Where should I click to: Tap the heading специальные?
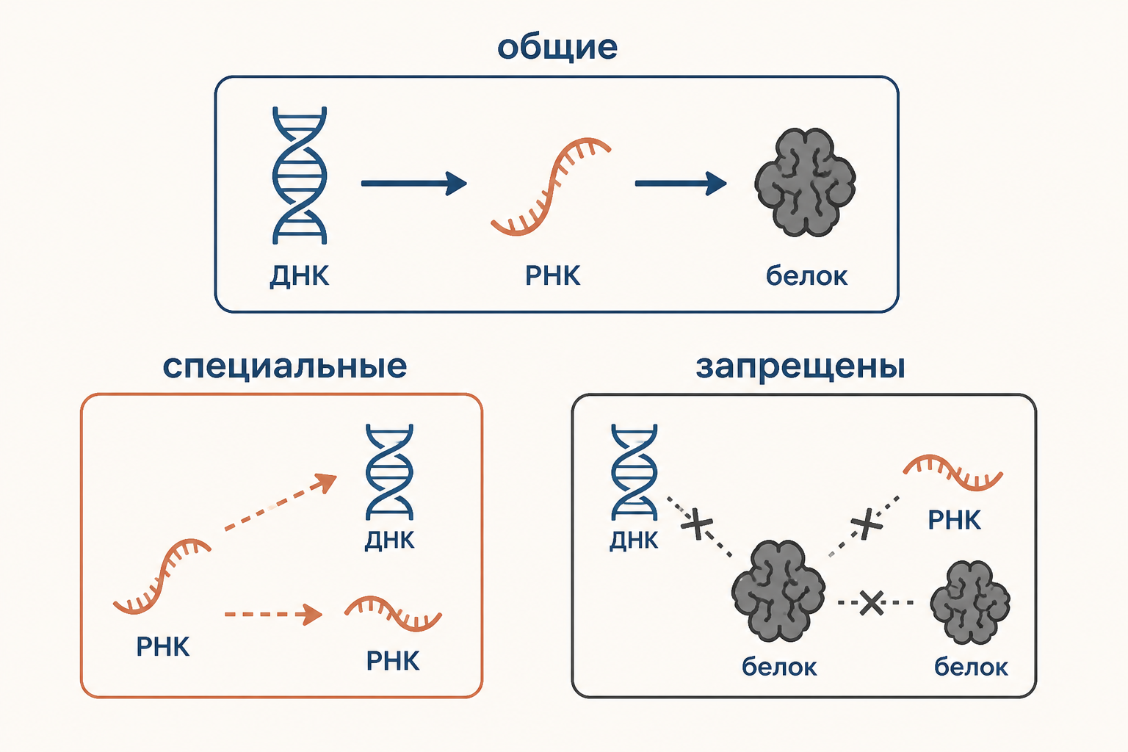click(x=284, y=366)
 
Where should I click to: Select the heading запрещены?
click(x=800, y=366)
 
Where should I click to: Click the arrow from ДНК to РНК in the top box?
click(x=414, y=184)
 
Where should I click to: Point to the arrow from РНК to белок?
click(x=681, y=184)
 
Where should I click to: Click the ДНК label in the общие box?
click(x=300, y=276)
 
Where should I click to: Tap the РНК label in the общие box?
click(x=552, y=276)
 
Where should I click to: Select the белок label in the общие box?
click(x=807, y=276)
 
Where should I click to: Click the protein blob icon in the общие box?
click(x=805, y=182)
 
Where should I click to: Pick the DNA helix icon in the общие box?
click(x=300, y=176)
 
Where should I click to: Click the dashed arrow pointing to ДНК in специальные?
click(x=281, y=502)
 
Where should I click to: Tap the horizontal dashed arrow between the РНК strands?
click(x=273, y=615)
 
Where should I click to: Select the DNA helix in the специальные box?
click(x=389, y=472)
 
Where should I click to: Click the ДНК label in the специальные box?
click(x=389, y=540)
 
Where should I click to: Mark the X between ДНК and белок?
click(x=696, y=524)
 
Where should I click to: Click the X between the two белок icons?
click(x=872, y=602)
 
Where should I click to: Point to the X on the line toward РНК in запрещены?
click(x=866, y=524)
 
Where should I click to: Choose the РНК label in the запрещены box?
click(x=954, y=521)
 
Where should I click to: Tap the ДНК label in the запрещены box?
click(x=634, y=540)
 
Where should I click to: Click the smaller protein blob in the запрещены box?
click(x=970, y=602)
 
